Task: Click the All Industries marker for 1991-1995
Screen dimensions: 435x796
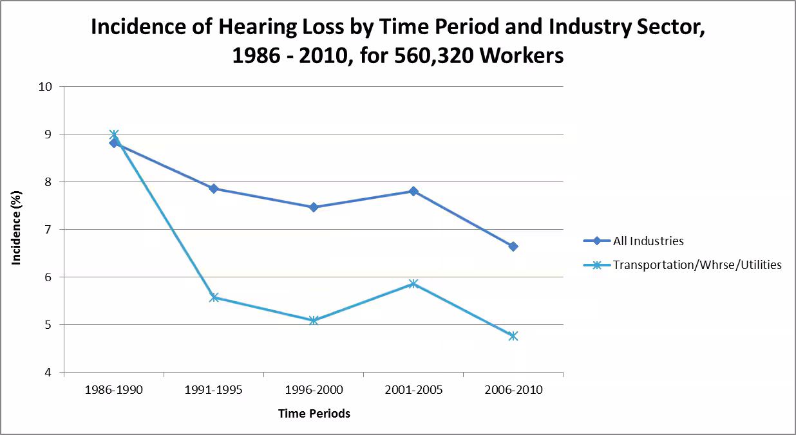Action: (214, 189)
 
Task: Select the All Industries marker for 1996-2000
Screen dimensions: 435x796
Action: (314, 207)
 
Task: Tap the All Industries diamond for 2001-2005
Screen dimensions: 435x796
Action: (413, 191)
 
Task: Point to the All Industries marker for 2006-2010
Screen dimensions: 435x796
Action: (513, 246)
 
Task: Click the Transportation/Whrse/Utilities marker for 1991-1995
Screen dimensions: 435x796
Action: (214, 297)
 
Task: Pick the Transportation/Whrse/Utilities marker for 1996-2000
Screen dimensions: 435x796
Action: (314, 320)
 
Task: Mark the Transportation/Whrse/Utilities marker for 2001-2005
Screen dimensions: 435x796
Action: (413, 283)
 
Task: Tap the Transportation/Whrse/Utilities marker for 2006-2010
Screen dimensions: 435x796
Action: (513, 336)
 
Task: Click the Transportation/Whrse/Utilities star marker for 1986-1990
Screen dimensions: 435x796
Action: (114, 135)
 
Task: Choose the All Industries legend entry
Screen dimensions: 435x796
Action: (648, 241)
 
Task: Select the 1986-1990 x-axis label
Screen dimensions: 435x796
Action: (114, 391)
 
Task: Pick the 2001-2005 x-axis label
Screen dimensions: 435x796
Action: (413, 391)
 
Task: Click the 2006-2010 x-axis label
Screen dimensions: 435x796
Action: (513, 391)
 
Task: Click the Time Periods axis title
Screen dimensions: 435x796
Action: (314, 414)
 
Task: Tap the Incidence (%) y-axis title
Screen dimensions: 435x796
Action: (17, 230)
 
